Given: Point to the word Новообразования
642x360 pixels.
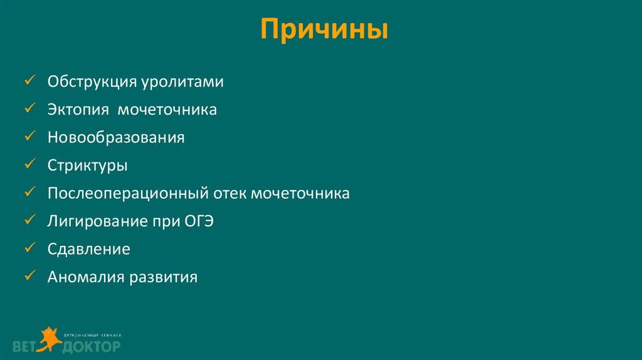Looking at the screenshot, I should (x=116, y=137).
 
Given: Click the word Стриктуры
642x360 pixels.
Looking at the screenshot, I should (x=87, y=166).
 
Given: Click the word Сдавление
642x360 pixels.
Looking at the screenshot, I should (x=89, y=249).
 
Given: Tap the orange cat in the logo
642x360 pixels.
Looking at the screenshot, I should (x=48, y=338).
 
